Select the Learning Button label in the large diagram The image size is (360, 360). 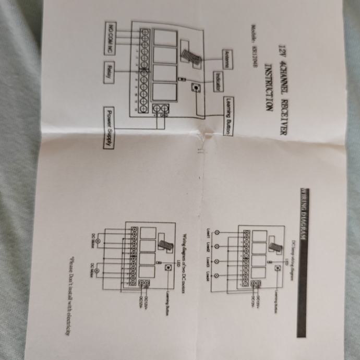tap(228, 116)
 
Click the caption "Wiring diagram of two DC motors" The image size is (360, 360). tap(184, 253)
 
